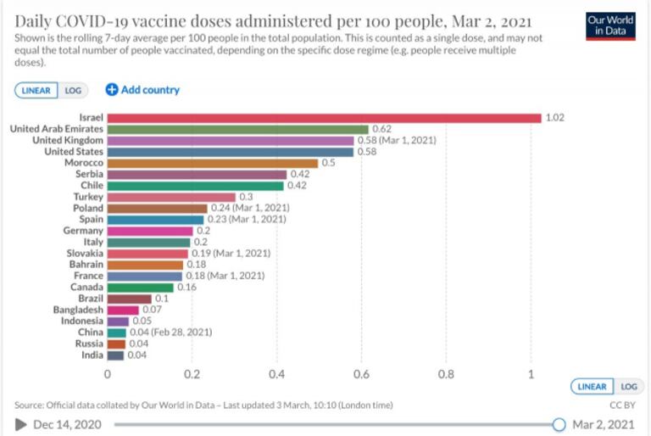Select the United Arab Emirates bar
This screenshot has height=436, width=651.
pyautogui.click(x=238, y=129)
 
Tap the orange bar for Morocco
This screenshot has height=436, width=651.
pyautogui.click(x=213, y=163)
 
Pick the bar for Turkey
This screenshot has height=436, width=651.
pyautogui.click(x=171, y=197)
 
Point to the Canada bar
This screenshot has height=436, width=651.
pyautogui.click(x=141, y=287)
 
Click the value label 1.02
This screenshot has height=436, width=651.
pyautogui.click(x=554, y=118)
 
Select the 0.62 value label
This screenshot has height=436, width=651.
pyautogui.click(x=381, y=129)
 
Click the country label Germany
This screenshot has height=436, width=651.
pyautogui.click(x=83, y=231)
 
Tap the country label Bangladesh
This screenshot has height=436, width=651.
pyautogui.click(x=78, y=310)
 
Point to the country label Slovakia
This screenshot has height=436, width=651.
pyautogui.click(x=85, y=253)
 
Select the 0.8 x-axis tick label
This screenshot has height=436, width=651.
pyautogui.click(x=446, y=373)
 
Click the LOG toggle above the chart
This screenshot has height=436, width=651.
pyautogui.click(x=73, y=90)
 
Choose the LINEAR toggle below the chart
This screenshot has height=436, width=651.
pyautogui.click(x=593, y=387)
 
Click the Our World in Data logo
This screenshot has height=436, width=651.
pyautogui.click(x=609, y=25)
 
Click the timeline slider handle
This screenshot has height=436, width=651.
pyautogui.click(x=559, y=424)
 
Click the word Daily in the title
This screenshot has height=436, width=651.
pyautogui.click(x=36, y=20)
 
